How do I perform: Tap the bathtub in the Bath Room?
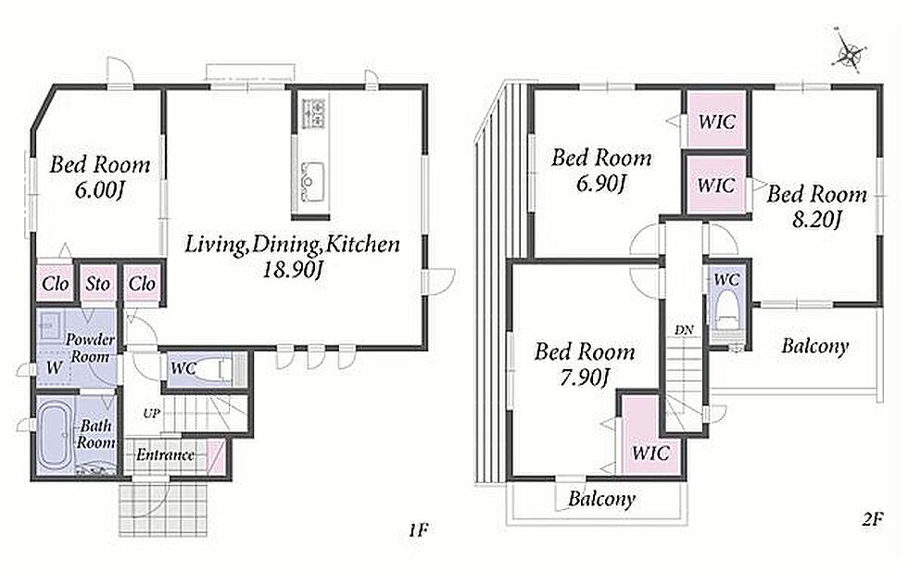click(x=55, y=434)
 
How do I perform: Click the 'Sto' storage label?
click(x=97, y=284)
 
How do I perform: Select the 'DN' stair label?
click(x=684, y=330)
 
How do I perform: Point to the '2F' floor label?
click(x=871, y=519)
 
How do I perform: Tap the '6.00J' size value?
click(x=100, y=190)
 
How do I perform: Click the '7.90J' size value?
click(x=584, y=377)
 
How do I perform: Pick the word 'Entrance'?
click(x=165, y=454)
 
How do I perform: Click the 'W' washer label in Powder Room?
click(x=54, y=367)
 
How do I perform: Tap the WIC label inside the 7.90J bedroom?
click(x=650, y=453)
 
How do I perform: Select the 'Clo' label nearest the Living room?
click(x=142, y=284)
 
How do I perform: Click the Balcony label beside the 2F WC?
click(x=814, y=346)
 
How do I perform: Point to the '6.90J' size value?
click(x=601, y=184)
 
